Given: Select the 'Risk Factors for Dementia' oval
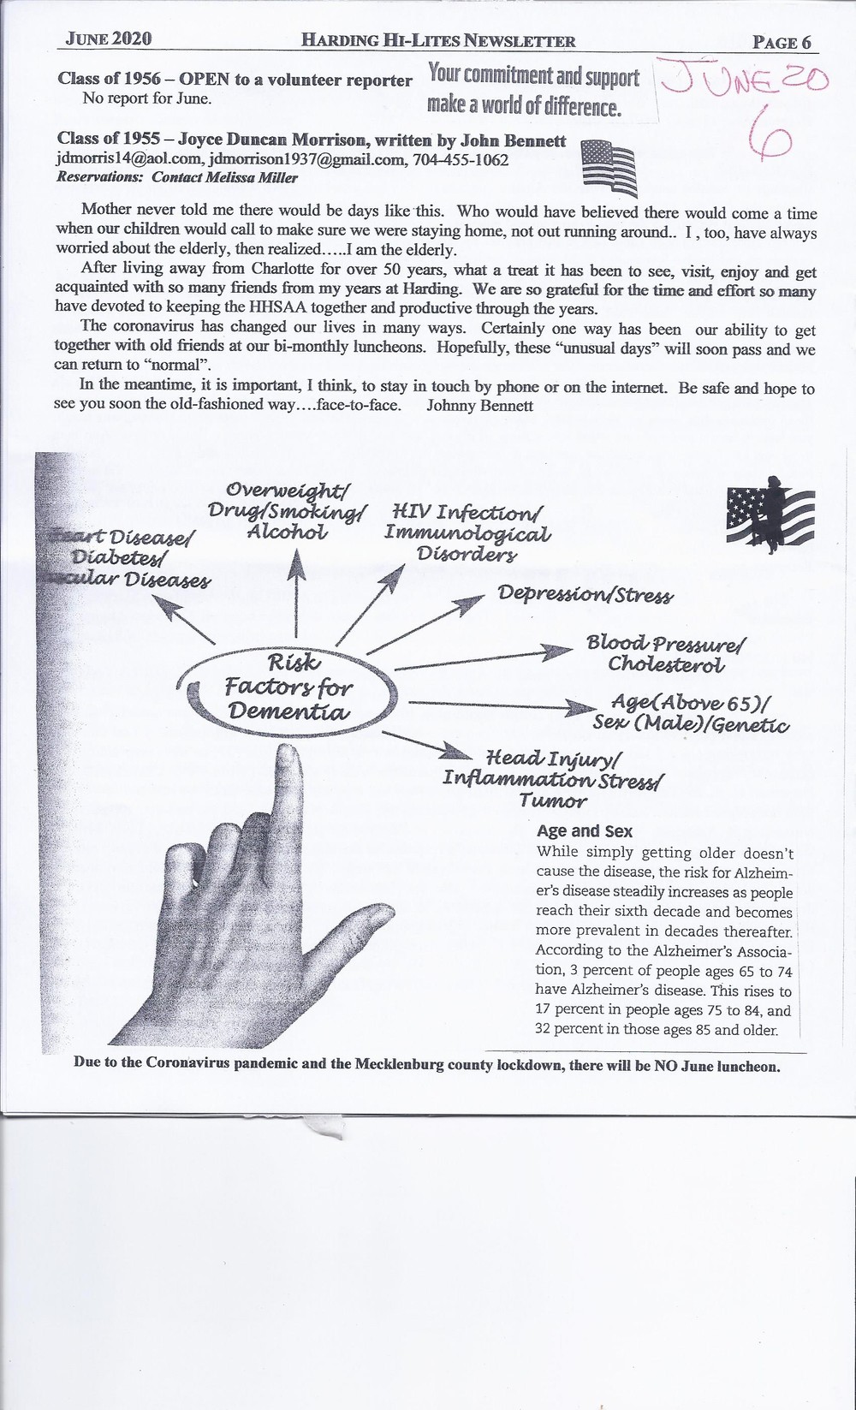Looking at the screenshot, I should (287, 687).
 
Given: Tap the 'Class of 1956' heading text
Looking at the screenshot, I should (107, 80).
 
